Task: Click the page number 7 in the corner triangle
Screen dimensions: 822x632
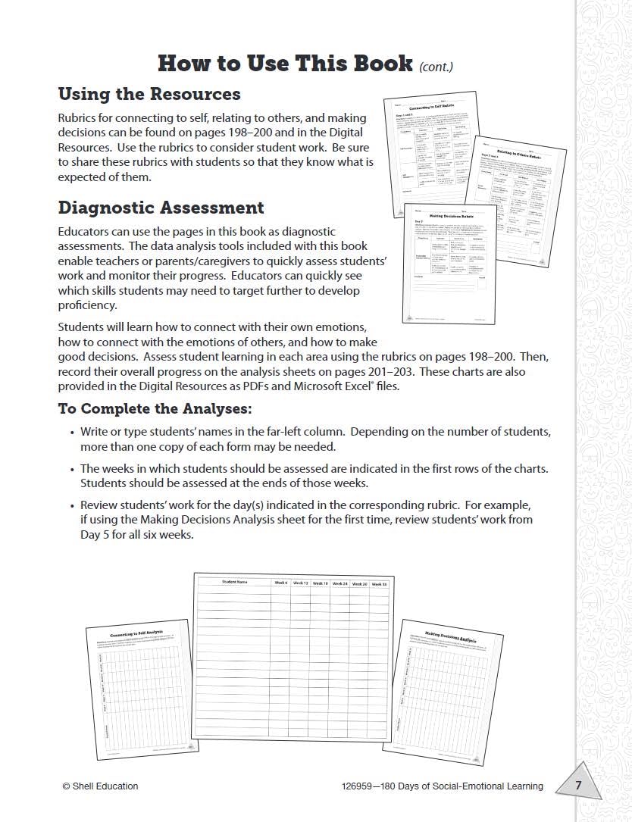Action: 578,786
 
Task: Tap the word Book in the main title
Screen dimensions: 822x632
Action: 377,63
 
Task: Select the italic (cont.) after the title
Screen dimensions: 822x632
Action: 436,67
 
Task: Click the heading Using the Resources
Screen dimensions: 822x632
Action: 149,94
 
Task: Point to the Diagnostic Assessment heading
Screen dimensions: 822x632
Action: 161,208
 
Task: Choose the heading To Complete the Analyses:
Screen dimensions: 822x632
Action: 155,409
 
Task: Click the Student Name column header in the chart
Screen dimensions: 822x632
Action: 234,582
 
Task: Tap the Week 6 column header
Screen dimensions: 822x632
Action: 281,583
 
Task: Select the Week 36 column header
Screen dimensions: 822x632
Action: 379,584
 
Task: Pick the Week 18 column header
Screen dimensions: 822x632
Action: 321,583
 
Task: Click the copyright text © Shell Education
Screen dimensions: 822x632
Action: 100,786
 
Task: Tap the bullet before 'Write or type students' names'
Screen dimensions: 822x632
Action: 70,432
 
